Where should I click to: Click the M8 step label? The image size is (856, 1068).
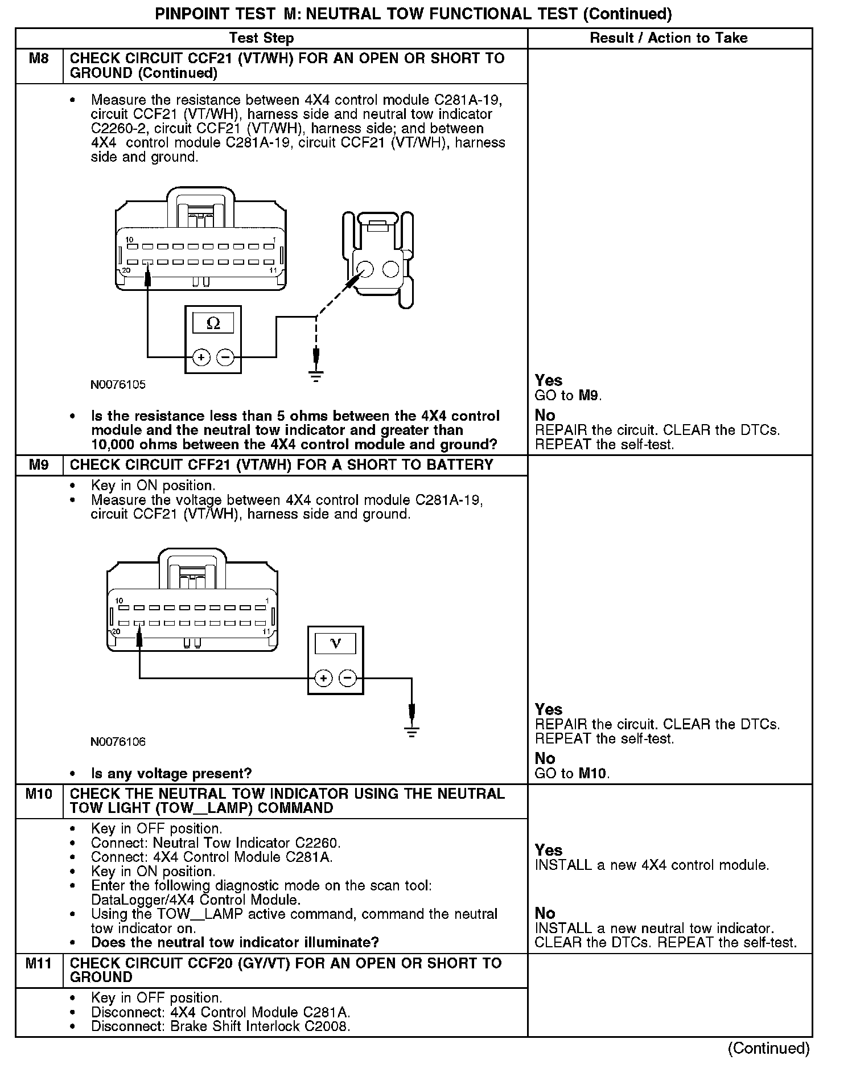[39, 59]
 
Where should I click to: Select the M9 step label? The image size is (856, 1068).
[39, 465]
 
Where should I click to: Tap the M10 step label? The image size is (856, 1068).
[39, 794]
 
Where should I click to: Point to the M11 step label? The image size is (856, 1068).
[39, 963]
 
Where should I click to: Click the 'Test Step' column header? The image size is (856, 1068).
[261, 38]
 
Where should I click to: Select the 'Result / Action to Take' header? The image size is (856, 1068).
[669, 38]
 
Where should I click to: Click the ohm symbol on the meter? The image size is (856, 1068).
[213, 323]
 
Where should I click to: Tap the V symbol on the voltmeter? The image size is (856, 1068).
[335, 643]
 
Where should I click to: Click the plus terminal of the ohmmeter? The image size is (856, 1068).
[201, 357]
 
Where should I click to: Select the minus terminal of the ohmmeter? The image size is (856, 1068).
[226, 357]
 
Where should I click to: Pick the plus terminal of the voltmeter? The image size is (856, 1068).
[323, 678]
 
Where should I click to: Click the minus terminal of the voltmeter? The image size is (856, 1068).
[348, 678]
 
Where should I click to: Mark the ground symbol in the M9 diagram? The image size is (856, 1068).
[412, 731]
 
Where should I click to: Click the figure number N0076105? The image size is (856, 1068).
[118, 385]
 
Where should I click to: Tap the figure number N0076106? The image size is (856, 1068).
[118, 742]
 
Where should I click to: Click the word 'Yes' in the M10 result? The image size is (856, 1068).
[549, 850]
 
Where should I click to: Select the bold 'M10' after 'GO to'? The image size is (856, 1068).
[592, 774]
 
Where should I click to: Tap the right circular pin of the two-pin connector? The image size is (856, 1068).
[391, 269]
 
